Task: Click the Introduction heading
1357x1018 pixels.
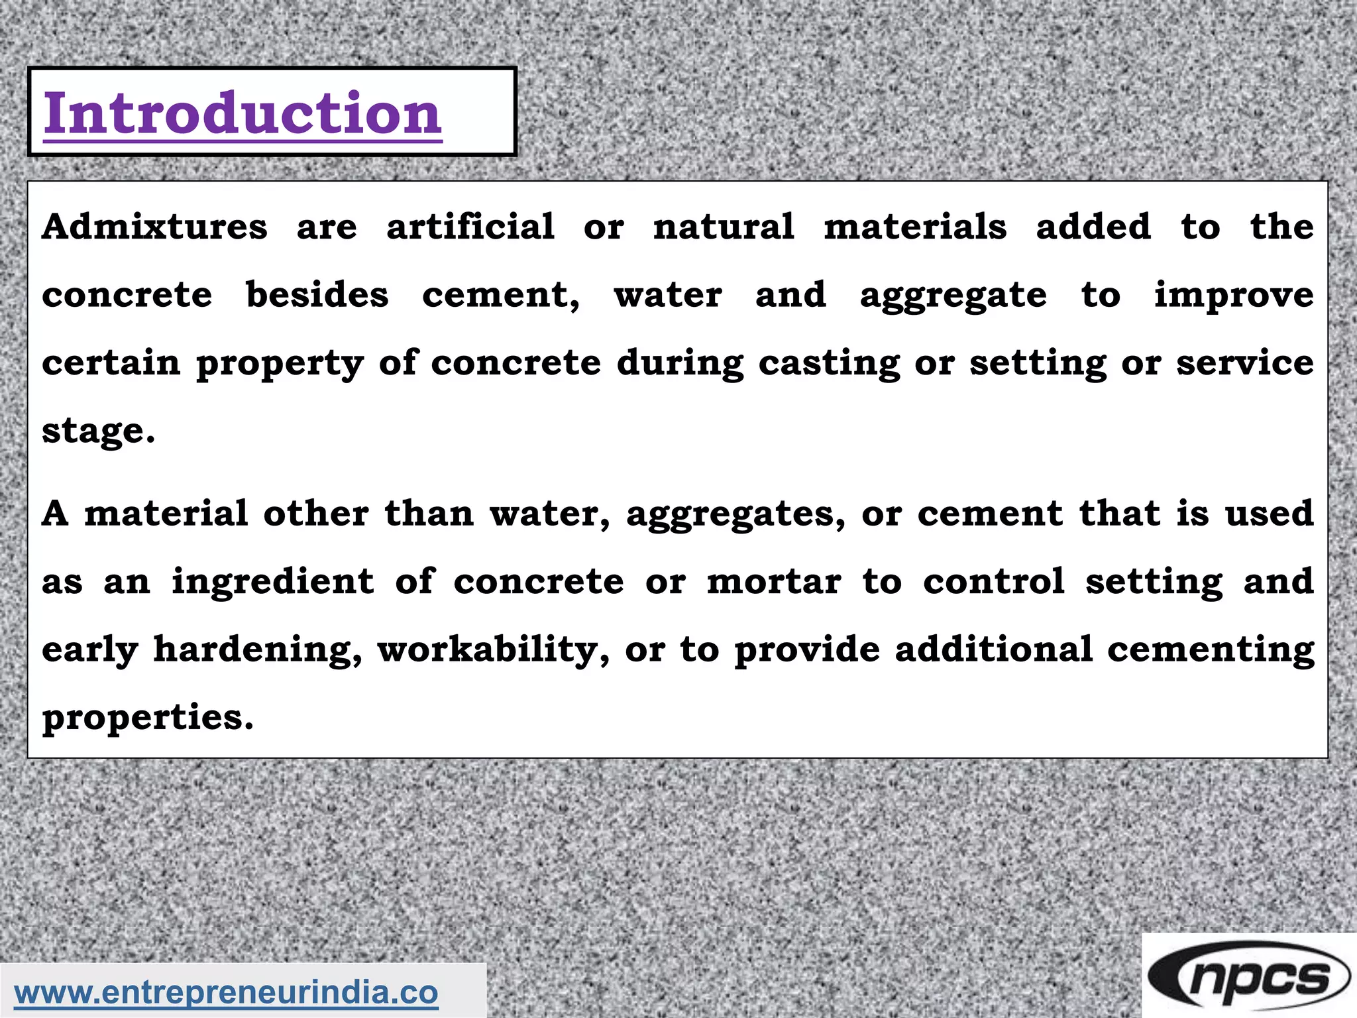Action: click(243, 113)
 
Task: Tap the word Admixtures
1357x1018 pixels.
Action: click(155, 227)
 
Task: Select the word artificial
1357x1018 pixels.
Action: click(470, 227)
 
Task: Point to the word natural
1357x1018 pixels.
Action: click(724, 227)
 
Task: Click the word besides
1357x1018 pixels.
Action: click(317, 295)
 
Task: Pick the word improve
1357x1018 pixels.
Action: click(1234, 296)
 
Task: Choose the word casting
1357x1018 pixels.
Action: click(829, 364)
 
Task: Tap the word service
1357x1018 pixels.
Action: click(1245, 363)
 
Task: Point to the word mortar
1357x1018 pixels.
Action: click(774, 582)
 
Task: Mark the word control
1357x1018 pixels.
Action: click(994, 582)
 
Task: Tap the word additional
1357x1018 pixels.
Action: click(993, 649)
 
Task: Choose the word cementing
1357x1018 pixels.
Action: click(1211, 650)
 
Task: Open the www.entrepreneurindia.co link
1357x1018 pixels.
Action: click(227, 993)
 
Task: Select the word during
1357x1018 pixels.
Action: click(680, 364)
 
